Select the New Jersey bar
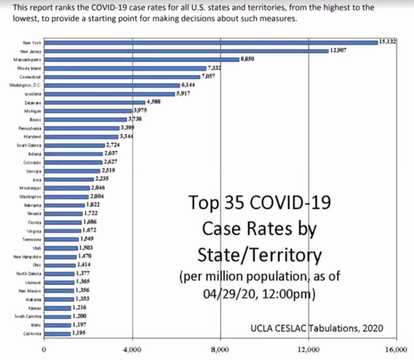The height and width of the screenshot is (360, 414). click(187, 51)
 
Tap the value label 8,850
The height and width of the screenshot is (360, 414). click(247, 59)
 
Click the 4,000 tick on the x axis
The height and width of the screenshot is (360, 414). click(132, 349)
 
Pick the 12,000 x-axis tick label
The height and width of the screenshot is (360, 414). click(309, 349)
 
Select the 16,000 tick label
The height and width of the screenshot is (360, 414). click(397, 349)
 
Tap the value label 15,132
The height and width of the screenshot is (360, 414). click(388, 41)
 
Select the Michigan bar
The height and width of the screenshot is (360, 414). click(88, 111)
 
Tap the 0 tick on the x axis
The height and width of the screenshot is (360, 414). click(45, 349)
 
